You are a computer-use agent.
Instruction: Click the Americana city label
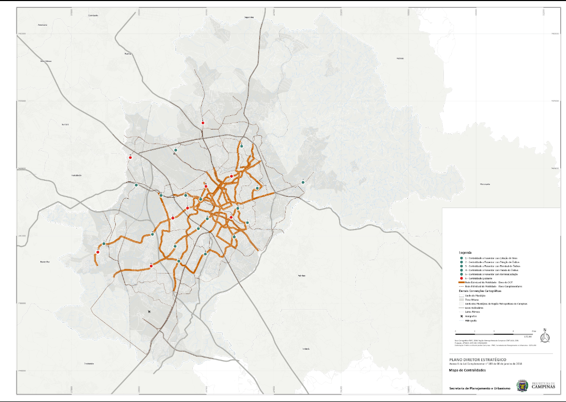43,25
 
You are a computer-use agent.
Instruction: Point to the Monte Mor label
45,261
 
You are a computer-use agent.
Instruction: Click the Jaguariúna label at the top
248,17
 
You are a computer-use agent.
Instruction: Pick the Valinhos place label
301,275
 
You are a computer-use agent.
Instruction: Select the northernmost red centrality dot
203,123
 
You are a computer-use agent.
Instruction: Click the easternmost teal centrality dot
303,182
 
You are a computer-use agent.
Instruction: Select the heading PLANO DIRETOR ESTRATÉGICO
474,360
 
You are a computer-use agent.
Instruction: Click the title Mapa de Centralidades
467,371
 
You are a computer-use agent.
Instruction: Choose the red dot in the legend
461,278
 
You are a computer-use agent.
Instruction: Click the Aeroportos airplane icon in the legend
461,316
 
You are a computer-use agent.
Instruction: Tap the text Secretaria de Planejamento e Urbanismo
479,388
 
